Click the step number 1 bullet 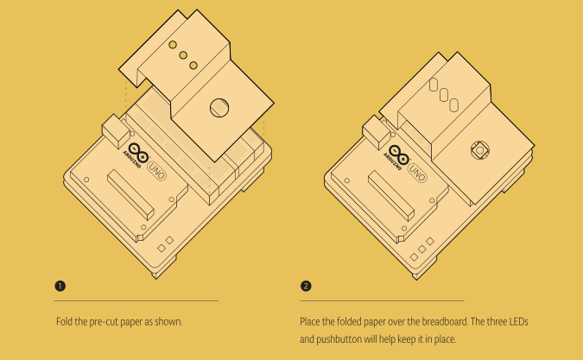pos(60,286)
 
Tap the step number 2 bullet pos(306,286)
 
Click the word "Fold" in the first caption pos(64,321)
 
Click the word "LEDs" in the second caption pos(518,321)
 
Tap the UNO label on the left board pos(157,171)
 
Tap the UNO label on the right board pos(417,173)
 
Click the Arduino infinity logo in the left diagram pos(138,153)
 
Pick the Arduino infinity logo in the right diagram pos(398,155)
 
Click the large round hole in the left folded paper pos(219,108)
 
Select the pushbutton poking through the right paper pos(480,150)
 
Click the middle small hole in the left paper pos(183,55)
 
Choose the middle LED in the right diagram pos(444,95)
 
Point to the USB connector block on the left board pos(116,130)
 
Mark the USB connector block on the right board pos(377,132)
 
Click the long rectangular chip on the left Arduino pos(130,196)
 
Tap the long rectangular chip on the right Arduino pos(391,196)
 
